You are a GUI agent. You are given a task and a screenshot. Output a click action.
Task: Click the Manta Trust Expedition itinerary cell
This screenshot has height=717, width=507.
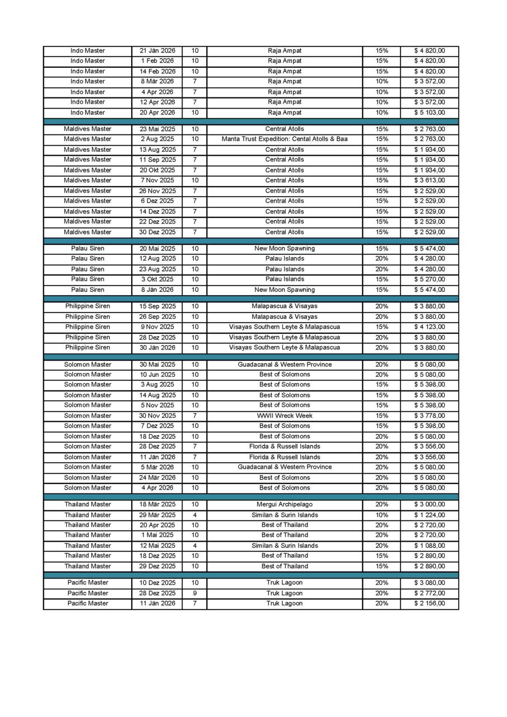click(285, 139)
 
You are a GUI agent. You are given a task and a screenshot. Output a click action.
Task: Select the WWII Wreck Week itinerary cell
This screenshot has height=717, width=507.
click(285, 416)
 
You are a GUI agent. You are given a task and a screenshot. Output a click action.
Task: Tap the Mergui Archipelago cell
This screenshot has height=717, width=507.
click(285, 505)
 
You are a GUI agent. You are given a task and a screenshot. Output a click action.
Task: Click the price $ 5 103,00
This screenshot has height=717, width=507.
click(429, 113)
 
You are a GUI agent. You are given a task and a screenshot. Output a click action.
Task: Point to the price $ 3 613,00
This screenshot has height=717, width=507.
click(429, 180)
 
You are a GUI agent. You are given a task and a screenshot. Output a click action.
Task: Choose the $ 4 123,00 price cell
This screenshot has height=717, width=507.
click(429, 327)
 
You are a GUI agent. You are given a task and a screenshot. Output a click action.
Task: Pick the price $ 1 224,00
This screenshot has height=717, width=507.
click(429, 515)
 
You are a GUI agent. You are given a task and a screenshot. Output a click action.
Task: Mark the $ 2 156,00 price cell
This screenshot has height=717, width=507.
click(429, 603)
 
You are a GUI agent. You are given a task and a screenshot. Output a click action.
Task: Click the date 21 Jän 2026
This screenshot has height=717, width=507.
click(157, 51)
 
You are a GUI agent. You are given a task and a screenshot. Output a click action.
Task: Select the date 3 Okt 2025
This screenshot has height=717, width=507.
click(157, 279)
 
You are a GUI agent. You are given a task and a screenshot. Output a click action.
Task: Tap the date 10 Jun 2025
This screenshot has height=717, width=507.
click(157, 375)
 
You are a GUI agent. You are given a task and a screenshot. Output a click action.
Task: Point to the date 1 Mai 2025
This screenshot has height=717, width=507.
click(157, 535)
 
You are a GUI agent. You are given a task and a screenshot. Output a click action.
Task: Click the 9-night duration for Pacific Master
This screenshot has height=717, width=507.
click(194, 593)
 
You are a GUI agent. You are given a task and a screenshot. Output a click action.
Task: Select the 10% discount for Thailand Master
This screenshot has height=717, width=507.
click(382, 515)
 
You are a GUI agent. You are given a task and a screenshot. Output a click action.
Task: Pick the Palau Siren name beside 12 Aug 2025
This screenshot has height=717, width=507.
click(87, 259)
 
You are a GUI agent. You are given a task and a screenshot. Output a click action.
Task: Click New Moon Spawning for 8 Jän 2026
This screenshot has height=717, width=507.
click(285, 290)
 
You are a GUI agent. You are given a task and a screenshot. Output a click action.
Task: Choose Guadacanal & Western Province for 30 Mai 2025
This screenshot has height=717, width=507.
click(285, 365)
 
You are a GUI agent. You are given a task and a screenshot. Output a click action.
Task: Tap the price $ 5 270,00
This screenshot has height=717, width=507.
click(429, 279)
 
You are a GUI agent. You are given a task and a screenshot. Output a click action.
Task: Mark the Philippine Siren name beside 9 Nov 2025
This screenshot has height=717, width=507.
click(87, 327)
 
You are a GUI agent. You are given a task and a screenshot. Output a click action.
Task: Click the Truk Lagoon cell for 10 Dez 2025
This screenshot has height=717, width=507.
click(285, 583)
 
